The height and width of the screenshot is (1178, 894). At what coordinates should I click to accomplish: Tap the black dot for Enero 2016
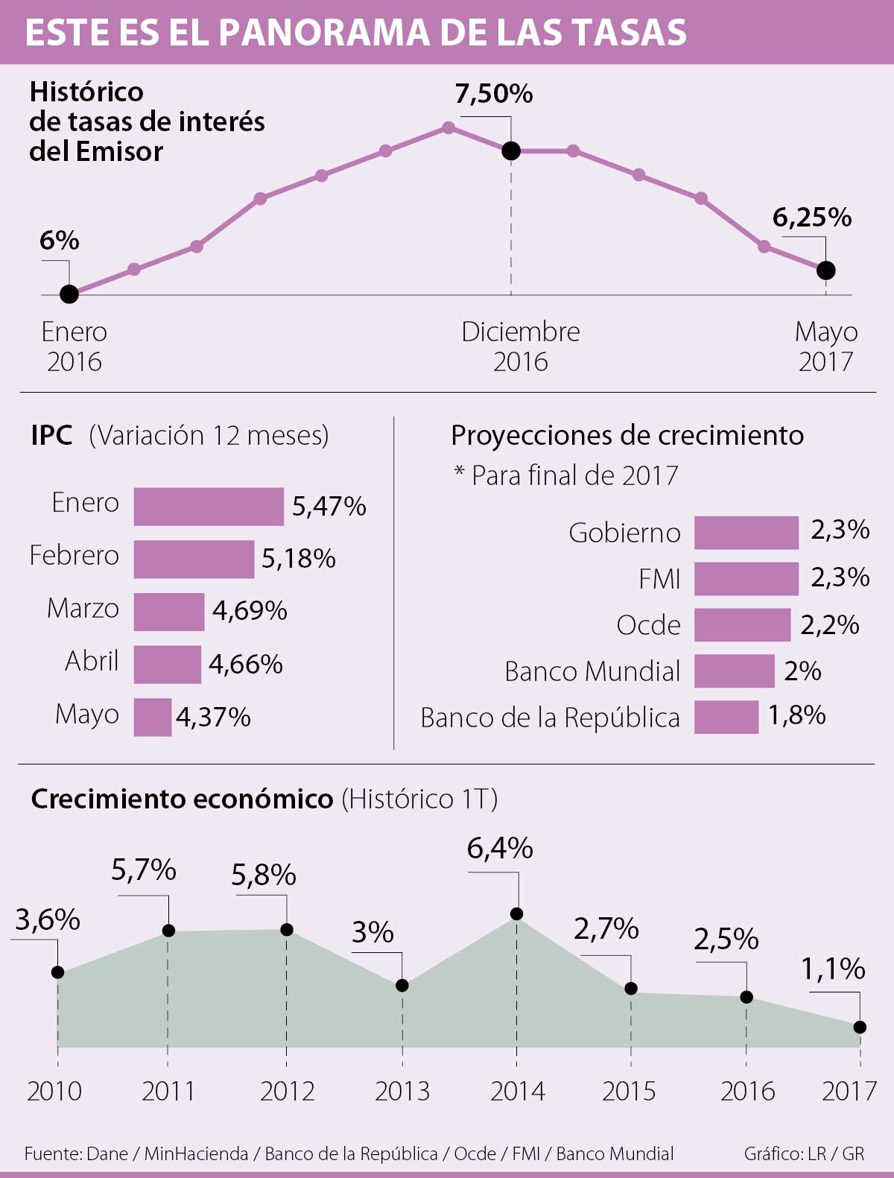pos(69,294)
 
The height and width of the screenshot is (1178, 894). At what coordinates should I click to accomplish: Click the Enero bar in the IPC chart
pos(209,507)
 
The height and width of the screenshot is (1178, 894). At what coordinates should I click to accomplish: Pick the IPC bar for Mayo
pos(153,717)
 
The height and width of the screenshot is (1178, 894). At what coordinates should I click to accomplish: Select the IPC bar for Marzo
pos(169,612)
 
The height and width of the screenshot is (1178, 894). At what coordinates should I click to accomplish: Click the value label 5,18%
pos(298,559)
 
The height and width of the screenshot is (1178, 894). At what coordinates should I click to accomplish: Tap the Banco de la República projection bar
pos(726,717)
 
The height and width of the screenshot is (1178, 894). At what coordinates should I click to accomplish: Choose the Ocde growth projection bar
pos(742,624)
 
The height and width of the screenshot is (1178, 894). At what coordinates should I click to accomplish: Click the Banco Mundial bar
pos(735,671)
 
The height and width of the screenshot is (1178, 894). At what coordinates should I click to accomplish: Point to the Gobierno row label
pos(624,533)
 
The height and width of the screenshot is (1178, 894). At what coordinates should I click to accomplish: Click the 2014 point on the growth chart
pos(516,913)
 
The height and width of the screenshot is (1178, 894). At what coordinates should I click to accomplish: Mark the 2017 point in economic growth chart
pos(860,1027)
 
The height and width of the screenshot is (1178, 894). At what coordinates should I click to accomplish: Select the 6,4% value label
pos(500,848)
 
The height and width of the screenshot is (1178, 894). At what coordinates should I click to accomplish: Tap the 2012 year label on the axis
pos(288,1091)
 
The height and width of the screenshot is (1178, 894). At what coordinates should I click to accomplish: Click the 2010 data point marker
pos(58,972)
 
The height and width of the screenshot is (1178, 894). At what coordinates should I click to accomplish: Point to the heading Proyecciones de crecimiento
pos(627,435)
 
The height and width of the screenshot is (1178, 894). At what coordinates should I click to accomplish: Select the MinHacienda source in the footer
pos(196,1153)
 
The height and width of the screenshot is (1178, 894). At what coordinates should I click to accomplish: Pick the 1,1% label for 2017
pos(833,969)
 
